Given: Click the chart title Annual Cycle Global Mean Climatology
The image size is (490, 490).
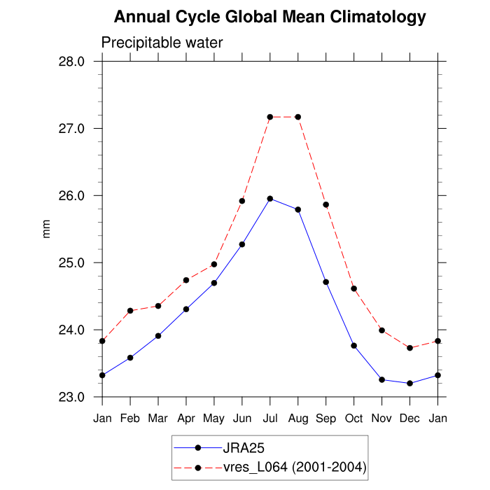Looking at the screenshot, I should point(269,17).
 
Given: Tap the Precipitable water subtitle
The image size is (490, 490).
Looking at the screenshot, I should point(162,43).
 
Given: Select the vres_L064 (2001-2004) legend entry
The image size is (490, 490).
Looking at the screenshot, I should point(294,467).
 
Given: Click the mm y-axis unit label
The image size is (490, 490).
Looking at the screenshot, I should point(47,229).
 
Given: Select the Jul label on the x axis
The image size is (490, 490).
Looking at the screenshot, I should point(270,419).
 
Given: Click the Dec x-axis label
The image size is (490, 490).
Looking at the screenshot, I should point(409,419).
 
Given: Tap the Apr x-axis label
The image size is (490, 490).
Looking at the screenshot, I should point(186,419).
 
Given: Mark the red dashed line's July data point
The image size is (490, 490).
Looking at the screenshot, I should point(270,117).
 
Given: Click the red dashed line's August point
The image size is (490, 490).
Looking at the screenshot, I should point(298,117).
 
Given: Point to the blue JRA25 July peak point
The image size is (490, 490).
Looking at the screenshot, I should point(270,199).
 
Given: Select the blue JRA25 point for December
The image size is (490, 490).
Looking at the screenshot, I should point(409,383).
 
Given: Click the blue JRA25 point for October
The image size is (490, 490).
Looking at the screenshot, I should point(353,346).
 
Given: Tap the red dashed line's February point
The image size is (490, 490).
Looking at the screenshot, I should point(130,310).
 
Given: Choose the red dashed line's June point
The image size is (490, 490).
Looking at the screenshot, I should point(242,201).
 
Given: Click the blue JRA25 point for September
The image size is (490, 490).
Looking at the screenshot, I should point(325,282).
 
